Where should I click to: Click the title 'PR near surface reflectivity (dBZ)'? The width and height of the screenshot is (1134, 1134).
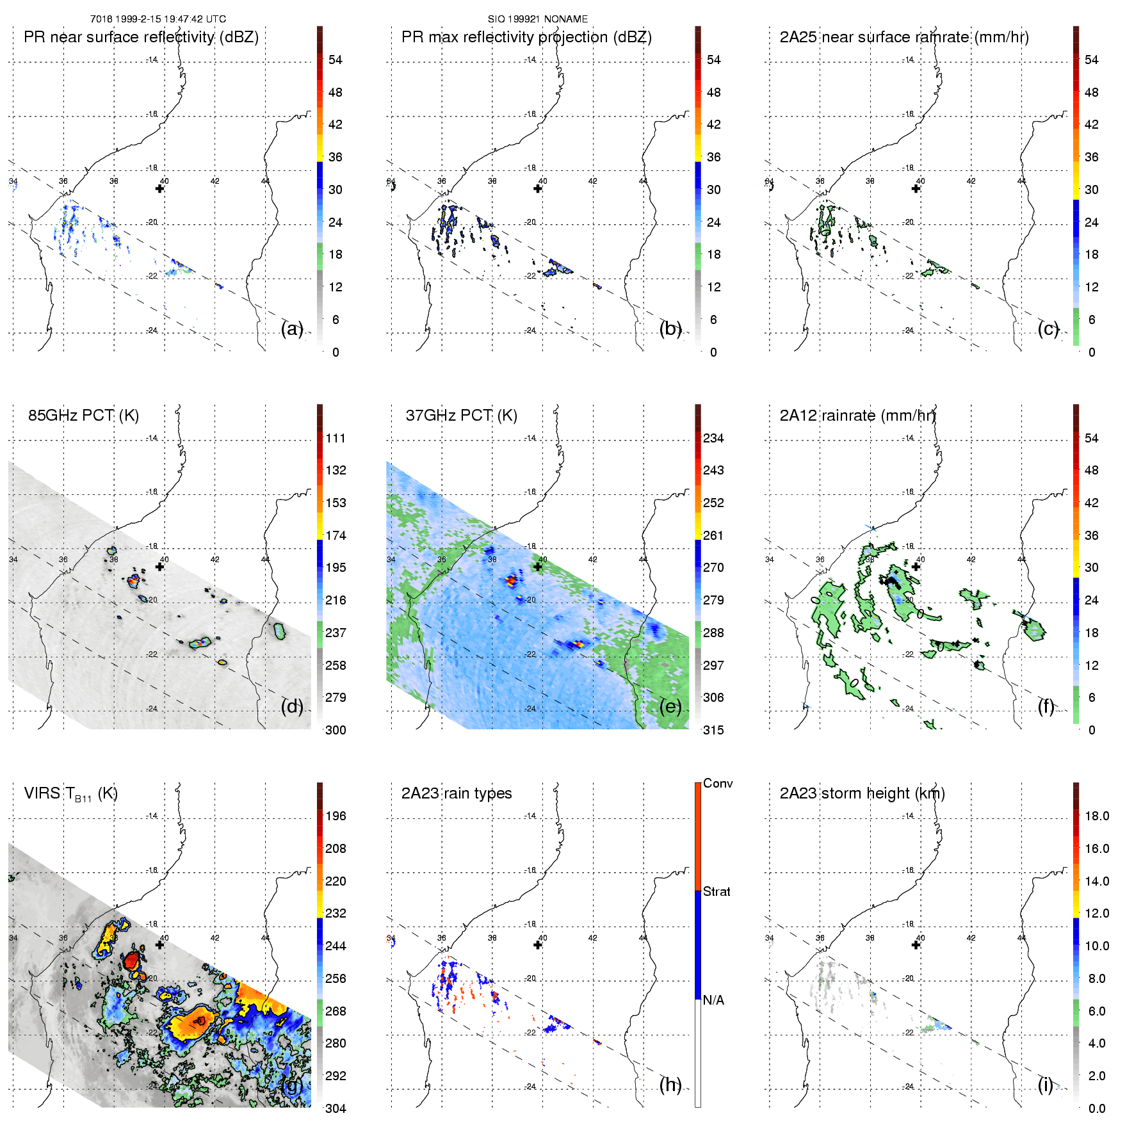pos(141,37)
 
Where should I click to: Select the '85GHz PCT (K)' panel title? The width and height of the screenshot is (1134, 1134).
pos(83,416)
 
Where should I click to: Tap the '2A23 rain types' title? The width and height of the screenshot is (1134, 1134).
pos(457,793)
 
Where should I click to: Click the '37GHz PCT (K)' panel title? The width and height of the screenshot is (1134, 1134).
pos(461,416)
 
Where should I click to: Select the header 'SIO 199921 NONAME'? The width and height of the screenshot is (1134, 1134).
pos(538,19)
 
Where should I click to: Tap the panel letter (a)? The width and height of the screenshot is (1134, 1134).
pos(292,329)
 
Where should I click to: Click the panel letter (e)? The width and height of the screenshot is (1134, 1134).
pos(670,706)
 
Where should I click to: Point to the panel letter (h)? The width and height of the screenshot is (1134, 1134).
pos(670,1084)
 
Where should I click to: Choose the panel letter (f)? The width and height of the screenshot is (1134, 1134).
pos(1046,706)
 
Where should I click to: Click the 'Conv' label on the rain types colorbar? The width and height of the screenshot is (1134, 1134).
pos(718,783)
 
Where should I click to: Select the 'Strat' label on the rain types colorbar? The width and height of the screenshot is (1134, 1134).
pos(717,891)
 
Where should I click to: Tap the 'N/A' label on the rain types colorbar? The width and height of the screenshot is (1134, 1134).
pos(713,1000)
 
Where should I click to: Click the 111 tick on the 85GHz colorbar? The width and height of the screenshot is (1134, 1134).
pos(336,438)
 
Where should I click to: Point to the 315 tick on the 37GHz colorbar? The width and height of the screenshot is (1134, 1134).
pos(713,730)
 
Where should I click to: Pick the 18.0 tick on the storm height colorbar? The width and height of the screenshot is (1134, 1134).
pos(1096,816)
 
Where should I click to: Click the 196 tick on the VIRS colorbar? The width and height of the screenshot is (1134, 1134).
pos(336,816)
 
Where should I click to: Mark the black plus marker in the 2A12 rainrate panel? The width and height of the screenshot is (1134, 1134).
pos(916,567)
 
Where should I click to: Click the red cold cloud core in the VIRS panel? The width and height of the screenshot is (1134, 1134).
pos(132,959)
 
